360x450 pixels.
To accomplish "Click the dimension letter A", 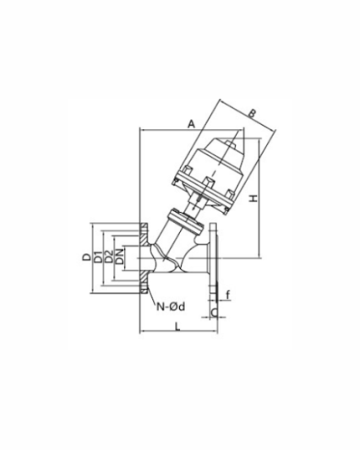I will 191,123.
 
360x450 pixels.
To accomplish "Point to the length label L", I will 176,326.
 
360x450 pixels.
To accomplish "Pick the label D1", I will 98,257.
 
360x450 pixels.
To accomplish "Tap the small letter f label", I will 226,295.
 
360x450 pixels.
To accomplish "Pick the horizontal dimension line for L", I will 177,333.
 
